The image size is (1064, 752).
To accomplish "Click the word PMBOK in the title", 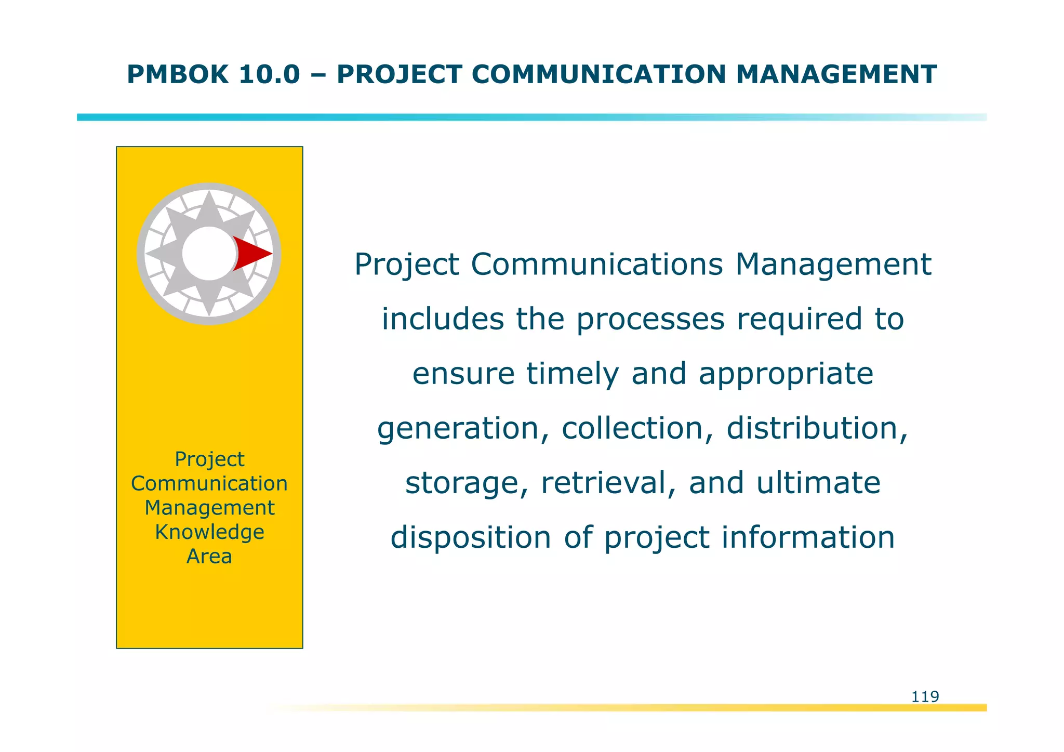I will pyautogui.click(x=177, y=74).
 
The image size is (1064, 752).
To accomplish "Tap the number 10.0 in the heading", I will pyautogui.click(x=269, y=74).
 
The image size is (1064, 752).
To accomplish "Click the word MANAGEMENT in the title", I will pyautogui.click(x=836, y=74).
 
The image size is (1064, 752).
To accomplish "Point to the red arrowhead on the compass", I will pyautogui.click(x=252, y=254).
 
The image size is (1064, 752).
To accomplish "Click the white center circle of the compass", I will pyautogui.click(x=208, y=254).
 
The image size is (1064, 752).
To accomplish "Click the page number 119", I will pyautogui.click(x=925, y=696).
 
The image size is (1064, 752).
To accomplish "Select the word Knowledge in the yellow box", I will pyautogui.click(x=209, y=532).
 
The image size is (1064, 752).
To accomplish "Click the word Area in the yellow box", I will pyautogui.click(x=209, y=557).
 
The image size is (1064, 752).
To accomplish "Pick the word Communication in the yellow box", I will pyautogui.click(x=209, y=484).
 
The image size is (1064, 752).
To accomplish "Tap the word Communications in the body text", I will pyautogui.click(x=597, y=265).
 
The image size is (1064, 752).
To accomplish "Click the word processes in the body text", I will pyautogui.click(x=650, y=319).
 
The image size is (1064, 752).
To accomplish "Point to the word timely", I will pyautogui.click(x=573, y=374).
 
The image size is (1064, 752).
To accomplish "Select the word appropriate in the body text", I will pyautogui.click(x=786, y=375).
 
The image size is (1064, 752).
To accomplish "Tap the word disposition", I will pyautogui.click(x=471, y=537).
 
